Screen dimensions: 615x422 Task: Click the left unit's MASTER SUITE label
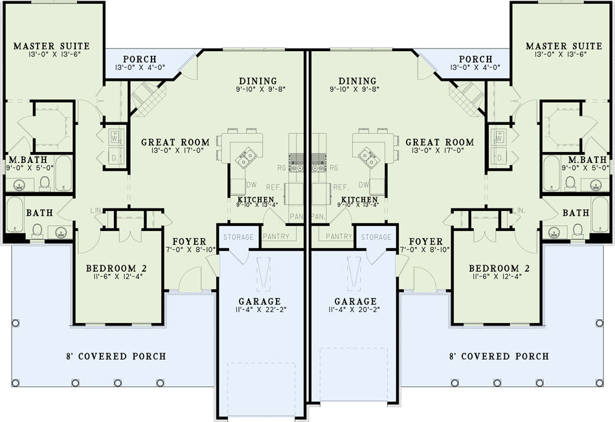click(x=52, y=47)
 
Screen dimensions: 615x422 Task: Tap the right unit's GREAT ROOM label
click(x=440, y=142)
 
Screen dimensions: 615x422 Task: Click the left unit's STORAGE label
click(x=238, y=237)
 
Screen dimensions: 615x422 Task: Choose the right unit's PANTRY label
click(x=339, y=236)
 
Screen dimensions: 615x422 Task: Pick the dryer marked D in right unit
click(x=500, y=158)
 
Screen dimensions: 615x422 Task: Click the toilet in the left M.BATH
click(x=45, y=183)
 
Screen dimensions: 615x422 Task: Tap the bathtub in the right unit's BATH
click(x=599, y=215)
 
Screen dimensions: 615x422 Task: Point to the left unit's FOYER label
click(x=189, y=241)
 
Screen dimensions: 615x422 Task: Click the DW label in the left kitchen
click(x=251, y=184)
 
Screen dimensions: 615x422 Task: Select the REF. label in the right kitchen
click(x=341, y=188)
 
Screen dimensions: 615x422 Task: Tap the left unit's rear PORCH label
click(x=140, y=59)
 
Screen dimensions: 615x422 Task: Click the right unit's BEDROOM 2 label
click(x=499, y=269)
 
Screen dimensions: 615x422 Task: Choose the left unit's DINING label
click(x=258, y=81)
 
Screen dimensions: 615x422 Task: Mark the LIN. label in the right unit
click(x=519, y=210)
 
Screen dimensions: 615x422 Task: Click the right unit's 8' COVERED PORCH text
click(x=499, y=357)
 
